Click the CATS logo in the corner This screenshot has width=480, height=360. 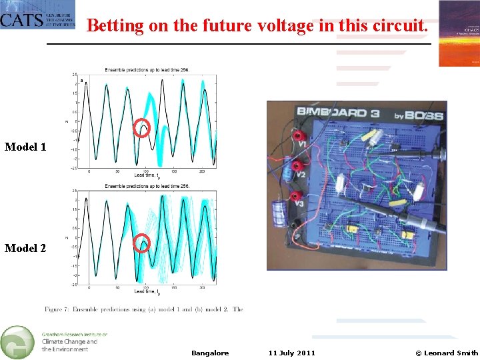click(x=37, y=15)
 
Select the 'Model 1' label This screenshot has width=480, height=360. click(x=25, y=147)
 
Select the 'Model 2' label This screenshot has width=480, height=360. click(x=25, y=248)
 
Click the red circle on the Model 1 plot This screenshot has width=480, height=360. click(x=141, y=127)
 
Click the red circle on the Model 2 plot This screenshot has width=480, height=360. click(x=141, y=243)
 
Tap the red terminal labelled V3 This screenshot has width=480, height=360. click(x=294, y=196)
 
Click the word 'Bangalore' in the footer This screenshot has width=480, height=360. click(x=210, y=353)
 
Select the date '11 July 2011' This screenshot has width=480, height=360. click(x=292, y=353)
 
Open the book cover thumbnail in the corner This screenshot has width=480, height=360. click(x=459, y=33)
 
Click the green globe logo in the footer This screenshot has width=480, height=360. click(x=17, y=342)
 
